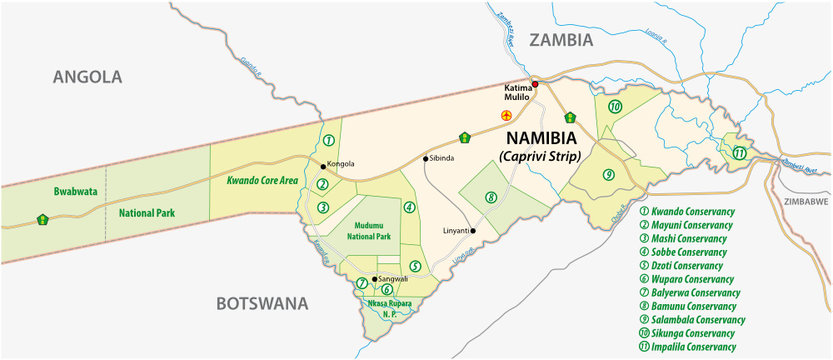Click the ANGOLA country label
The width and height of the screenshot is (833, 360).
(87, 76)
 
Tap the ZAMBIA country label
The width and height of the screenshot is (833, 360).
(561, 40)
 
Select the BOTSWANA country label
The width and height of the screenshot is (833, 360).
(263, 303)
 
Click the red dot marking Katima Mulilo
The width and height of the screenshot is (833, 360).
(535, 84)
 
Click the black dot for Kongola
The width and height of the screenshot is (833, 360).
(322, 165)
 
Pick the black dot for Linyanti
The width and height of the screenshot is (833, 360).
(474, 231)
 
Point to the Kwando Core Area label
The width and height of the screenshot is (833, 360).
(264, 182)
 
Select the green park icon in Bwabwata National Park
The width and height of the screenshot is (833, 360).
(41, 218)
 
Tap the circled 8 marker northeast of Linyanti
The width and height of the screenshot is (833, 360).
(490, 197)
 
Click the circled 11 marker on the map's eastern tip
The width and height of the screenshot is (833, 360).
(738, 153)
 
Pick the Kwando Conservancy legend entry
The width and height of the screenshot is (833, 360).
(692, 211)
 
